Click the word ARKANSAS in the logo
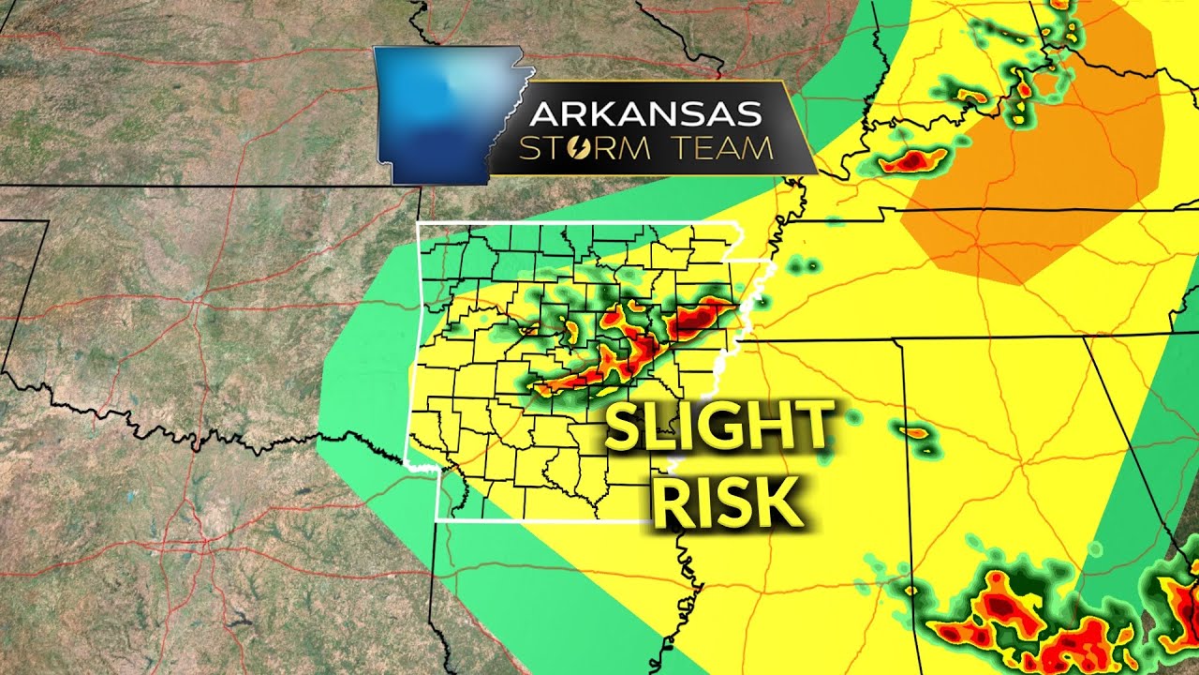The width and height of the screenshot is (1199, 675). (x=645, y=114)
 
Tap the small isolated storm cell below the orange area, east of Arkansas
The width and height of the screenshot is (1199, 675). (x=914, y=433)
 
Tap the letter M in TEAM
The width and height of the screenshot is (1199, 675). (x=760, y=148)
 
